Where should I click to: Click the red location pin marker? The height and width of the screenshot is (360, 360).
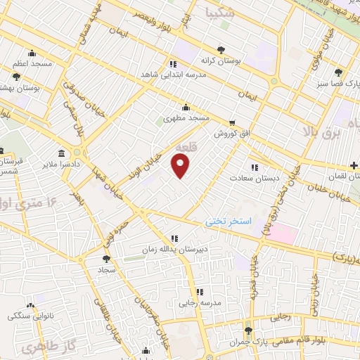[x=181, y=166]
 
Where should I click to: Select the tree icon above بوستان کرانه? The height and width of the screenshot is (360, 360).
[x=221, y=49]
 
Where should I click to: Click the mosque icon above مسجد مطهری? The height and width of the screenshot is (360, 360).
[x=186, y=108]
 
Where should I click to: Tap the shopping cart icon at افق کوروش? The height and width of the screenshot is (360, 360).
[x=231, y=122]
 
